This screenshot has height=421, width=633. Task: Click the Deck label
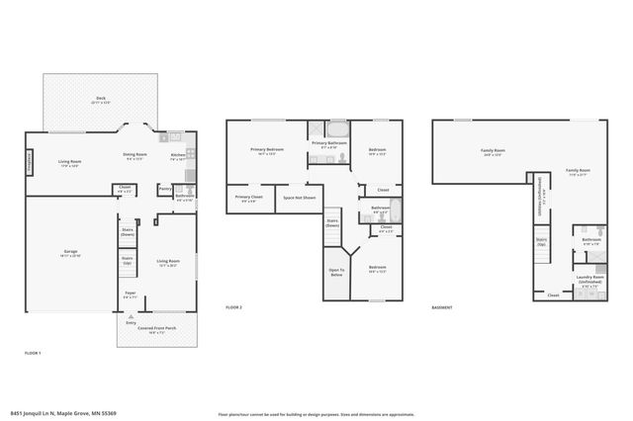[x=101, y=99]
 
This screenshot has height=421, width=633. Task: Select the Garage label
[x=71, y=253]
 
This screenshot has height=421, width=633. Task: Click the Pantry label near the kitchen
[x=164, y=188]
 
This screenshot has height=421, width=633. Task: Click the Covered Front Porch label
[x=156, y=329]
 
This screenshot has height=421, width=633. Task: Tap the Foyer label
[x=130, y=293]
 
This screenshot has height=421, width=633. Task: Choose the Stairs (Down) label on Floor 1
[x=128, y=231]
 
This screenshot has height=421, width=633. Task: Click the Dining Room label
[x=135, y=156]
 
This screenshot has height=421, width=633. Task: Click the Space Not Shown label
[x=300, y=198]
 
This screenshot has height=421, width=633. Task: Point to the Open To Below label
[x=336, y=273]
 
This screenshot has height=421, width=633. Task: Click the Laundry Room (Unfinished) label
[x=589, y=279]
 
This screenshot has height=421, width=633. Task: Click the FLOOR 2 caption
[x=233, y=308]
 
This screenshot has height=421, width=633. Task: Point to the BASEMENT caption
[x=442, y=308]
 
